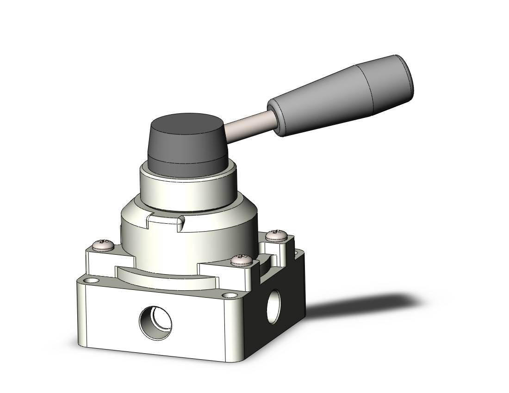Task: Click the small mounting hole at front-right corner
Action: [x=228, y=295]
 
